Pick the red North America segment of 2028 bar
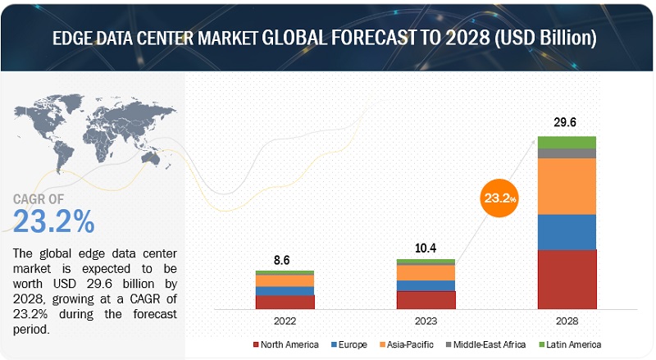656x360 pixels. pyautogui.click(x=567, y=280)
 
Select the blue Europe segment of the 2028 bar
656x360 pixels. pyautogui.click(x=567, y=232)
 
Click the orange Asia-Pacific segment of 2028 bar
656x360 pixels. pyautogui.click(x=567, y=186)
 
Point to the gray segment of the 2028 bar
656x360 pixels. pyautogui.click(x=567, y=153)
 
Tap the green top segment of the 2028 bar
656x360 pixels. pyautogui.click(x=567, y=142)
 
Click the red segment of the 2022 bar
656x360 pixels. pyautogui.click(x=285, y=302)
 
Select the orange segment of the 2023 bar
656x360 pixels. pyautogui.click(x=426, y=272)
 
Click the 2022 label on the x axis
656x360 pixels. pyautogui.click(x=285, y=321)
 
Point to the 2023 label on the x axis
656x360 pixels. pyautogui.click(x=426, y=321)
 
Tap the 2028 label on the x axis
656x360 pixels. pyautogui.click(x=567, y=321)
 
